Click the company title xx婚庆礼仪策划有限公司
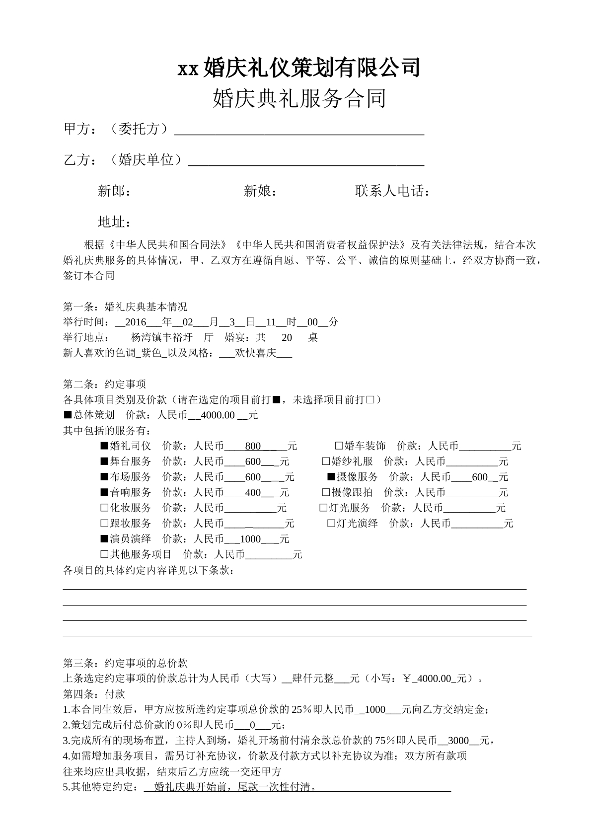(x=299, y=68)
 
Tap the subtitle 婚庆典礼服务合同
(x=299, y=98)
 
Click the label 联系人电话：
(x=392, y=191)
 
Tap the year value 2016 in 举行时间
(x=136, y=322)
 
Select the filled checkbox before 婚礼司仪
(x=104, y=446)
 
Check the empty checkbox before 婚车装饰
(x=339, y=446)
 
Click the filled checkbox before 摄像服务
(x=331, y=477)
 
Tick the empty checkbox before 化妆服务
(x=104, y=508)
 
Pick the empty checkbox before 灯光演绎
(x=331, y=524)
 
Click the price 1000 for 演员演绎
(x=250, y=539)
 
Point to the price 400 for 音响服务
(x=253, y=493)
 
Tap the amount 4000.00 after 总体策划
(x=217, y=415)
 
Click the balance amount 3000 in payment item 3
(x=458, y=741)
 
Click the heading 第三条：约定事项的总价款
(x=125, y=663)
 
